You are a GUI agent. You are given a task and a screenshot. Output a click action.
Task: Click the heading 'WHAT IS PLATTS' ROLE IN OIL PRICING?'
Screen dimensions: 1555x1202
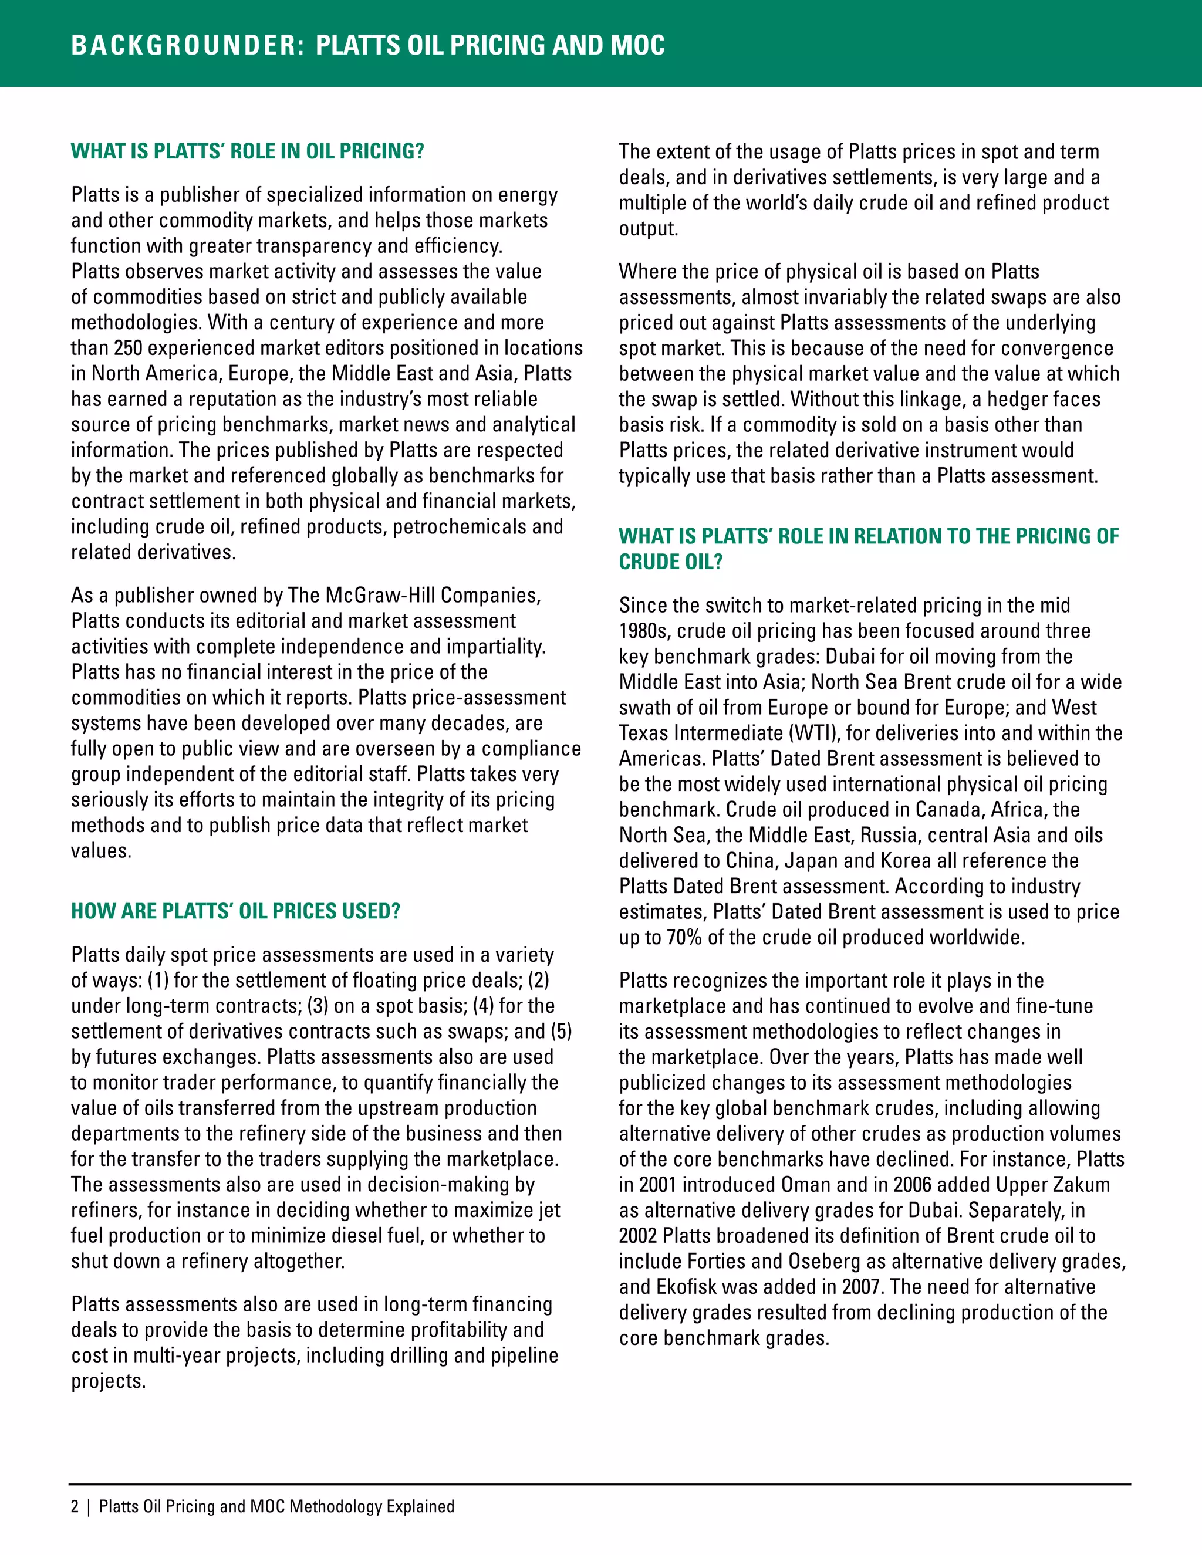click(x=247, y=151)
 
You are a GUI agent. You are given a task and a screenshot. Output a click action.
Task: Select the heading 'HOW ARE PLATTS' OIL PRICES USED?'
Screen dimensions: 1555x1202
click(x=235, y=911)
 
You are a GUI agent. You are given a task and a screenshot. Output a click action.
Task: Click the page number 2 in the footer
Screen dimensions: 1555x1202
click(x=75, y=1506)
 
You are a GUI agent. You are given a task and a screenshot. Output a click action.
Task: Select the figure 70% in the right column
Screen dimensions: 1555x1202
click(x=684, y=938)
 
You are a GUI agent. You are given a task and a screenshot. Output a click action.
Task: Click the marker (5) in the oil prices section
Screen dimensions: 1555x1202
click(x=560, y=1032)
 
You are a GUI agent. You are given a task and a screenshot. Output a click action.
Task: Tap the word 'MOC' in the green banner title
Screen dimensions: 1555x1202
click(x=638, y=45)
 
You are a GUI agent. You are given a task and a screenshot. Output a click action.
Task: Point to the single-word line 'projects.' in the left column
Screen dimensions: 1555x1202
click(x=107, y=1381)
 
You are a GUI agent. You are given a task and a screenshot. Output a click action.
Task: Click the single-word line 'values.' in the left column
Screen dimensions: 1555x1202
click(x=101, y=851)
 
